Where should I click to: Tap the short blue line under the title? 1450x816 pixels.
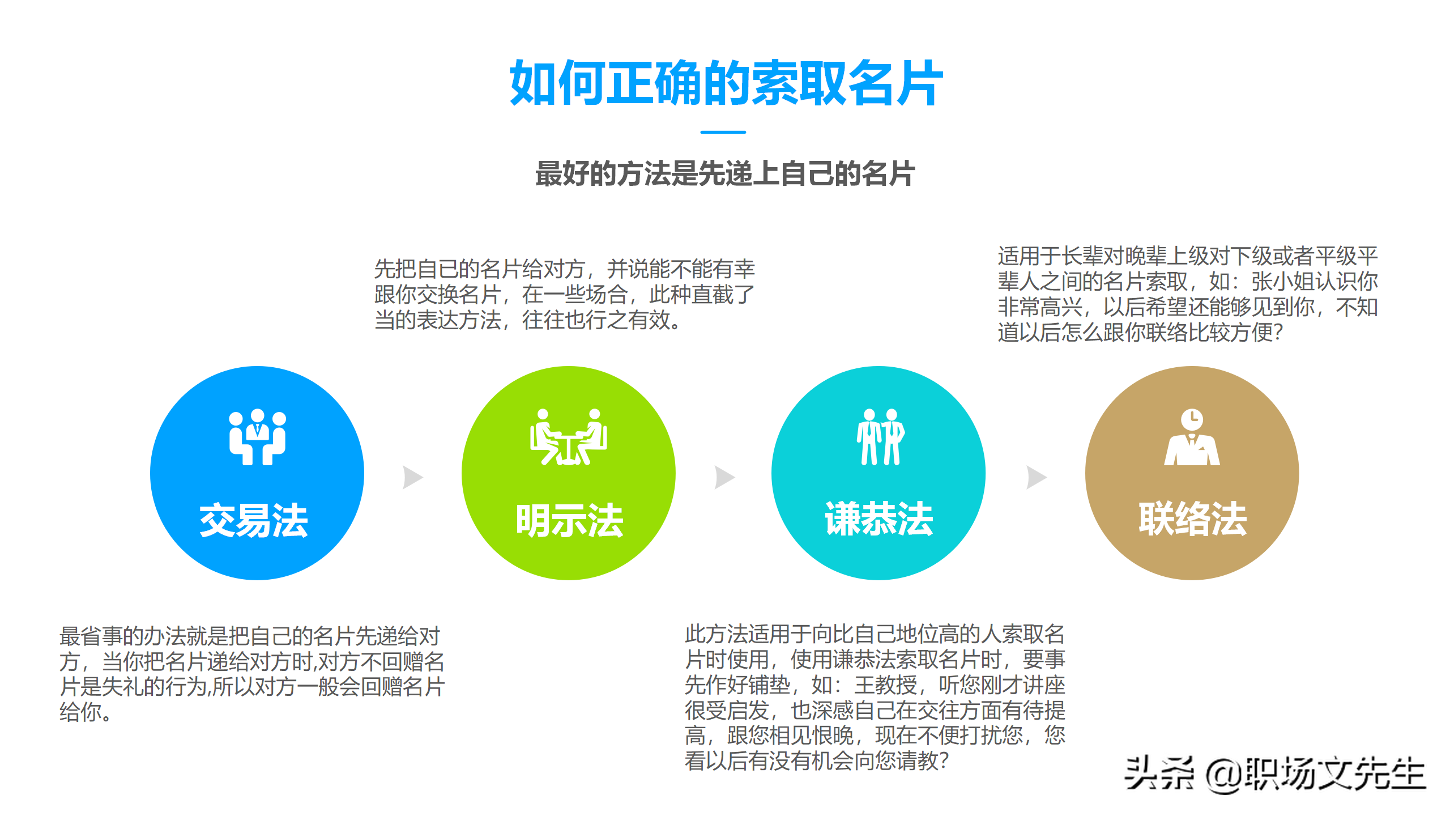point(723,132)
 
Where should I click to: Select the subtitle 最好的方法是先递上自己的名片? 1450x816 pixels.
point(724,173)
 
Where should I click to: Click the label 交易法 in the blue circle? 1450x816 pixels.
point(254,520)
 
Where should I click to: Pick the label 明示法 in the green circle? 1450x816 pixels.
point(569,520)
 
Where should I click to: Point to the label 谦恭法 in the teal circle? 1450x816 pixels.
point(878,518)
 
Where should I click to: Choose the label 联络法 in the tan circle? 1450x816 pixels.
point(1193,518)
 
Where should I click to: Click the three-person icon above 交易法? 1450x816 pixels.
point(257,437)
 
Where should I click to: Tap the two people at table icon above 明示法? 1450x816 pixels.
point(568,437)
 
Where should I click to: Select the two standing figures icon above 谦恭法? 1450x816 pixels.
point(880,437)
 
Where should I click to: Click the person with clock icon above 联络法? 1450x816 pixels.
point(1192,437)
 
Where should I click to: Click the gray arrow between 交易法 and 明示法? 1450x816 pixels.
point(412,477)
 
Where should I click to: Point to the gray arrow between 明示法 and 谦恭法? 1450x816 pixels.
point(724,477)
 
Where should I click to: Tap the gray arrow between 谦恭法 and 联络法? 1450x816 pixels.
point(1037,477)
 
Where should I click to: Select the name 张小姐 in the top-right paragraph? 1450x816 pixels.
point(1283,282)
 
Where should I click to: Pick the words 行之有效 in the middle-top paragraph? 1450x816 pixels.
point(628,320)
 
